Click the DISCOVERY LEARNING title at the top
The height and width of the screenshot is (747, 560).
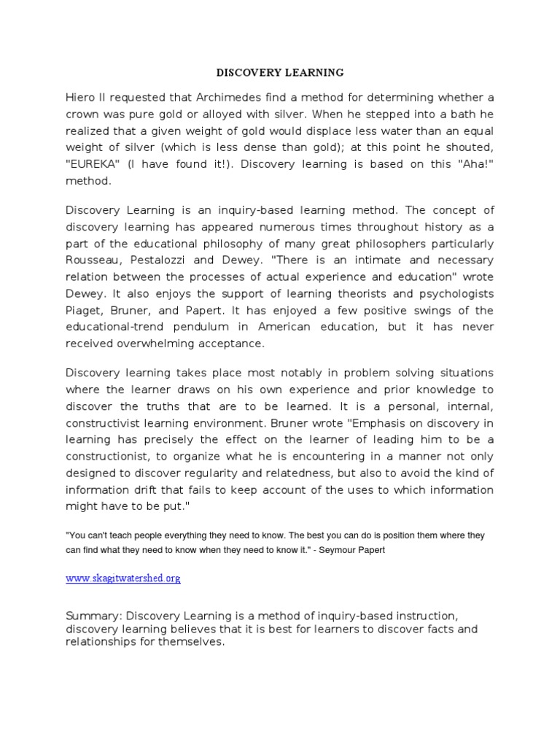(280, 73)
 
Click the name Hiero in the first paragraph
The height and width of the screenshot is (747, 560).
(82, 98)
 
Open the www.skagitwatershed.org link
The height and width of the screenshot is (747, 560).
(122, 578)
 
